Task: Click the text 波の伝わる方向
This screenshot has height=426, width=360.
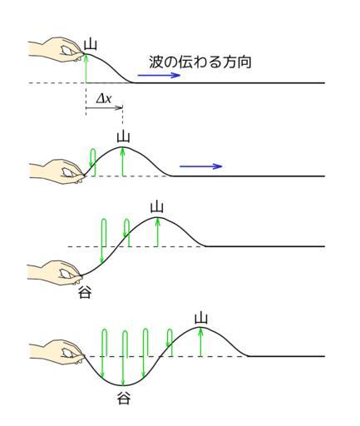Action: point(200,62)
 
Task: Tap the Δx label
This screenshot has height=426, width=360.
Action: point(104,98)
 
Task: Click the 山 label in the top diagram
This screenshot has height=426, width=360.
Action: point(91,45)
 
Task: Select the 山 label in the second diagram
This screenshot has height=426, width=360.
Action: point(123,137)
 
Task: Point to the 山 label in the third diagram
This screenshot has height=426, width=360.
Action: point(157,207)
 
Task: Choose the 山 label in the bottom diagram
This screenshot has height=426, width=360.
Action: point(201,318)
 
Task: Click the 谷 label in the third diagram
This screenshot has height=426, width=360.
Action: point(85,292)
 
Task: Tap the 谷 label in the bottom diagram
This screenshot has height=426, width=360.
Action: point(124,399)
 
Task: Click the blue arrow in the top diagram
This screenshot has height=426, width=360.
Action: point(159,75)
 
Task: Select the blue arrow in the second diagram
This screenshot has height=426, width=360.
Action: point(201,166)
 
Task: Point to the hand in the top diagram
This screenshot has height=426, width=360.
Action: point(56,50)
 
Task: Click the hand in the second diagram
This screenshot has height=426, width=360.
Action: point(57,171)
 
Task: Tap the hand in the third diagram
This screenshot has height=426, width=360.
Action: point(56,273)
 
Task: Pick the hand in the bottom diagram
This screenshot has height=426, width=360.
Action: point(57,352)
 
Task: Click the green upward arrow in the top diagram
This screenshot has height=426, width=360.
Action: point(86,68)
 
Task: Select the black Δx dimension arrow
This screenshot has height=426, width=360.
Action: point(104,107)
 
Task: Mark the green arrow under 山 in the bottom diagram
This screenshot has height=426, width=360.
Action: point(200,342)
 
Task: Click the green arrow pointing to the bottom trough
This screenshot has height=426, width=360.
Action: point(123,358)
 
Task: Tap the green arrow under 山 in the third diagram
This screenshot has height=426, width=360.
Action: point(157,232)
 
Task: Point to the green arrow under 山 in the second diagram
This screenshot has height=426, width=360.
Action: point(122,161)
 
